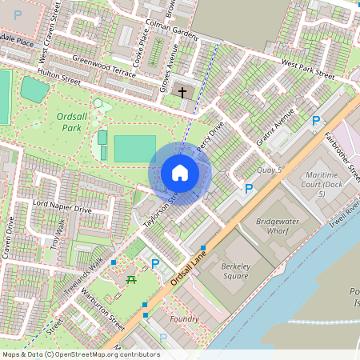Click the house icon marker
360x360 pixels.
coord(180,173)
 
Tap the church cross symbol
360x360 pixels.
coord(182,93)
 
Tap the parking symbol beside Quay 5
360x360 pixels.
coord(249,189)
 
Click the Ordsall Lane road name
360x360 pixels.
coord(189,269)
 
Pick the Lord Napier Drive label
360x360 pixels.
coord(62,210)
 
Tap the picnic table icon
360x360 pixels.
coord(132,279)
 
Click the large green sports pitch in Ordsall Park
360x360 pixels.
coord(134,148)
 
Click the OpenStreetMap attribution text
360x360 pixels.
coord(81,354)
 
